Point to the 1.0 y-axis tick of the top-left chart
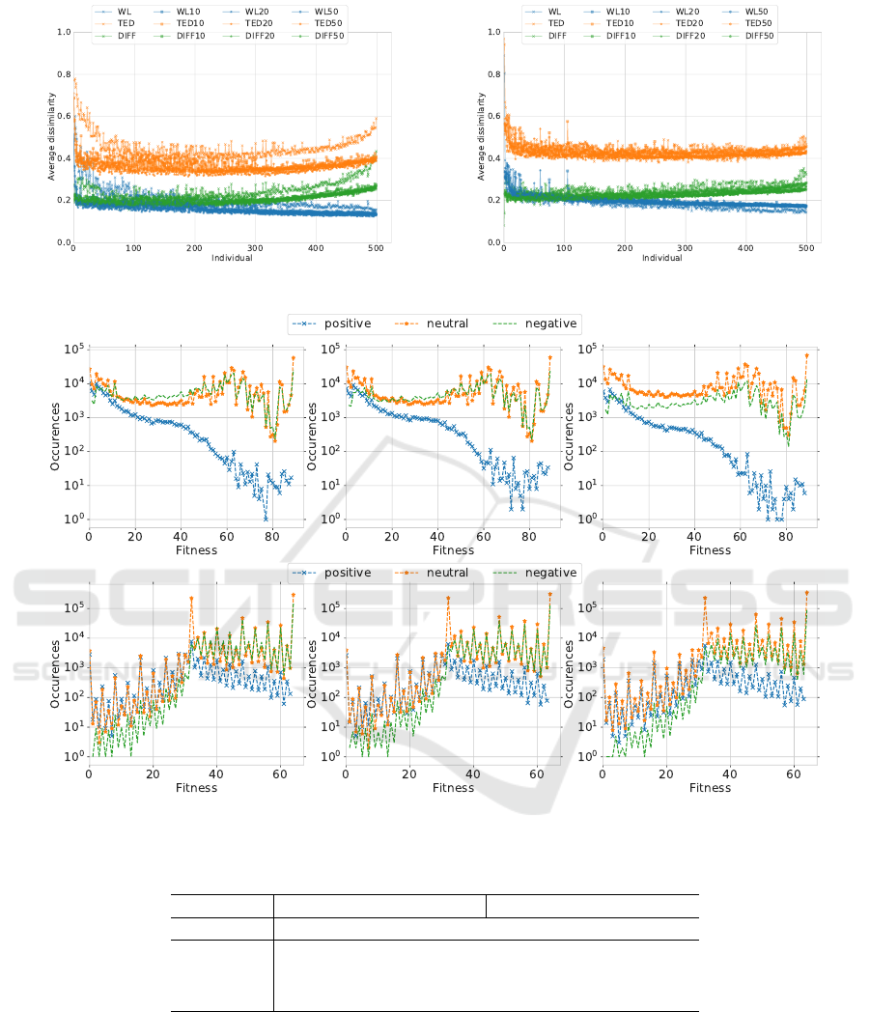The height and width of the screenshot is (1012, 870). (64, 33)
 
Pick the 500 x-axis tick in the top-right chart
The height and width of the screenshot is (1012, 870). (806, 249)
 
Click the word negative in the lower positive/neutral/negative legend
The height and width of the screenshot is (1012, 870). (550, 573)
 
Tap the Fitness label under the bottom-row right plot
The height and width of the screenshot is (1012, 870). (710, 788)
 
